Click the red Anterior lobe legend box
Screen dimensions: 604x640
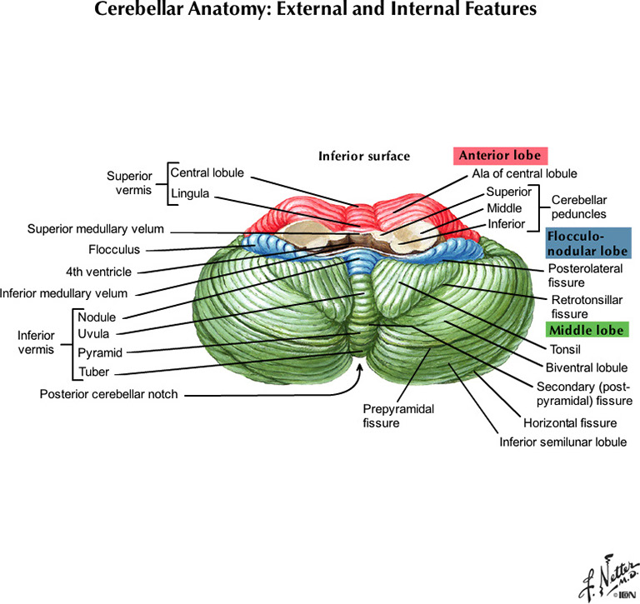(501, 156)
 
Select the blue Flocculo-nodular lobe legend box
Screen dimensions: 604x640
(587, 242)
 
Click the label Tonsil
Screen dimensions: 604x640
(565, 349)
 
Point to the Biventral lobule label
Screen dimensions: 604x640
(587, 367)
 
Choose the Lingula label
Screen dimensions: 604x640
(190, 194)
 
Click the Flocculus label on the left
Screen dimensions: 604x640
(114, 249)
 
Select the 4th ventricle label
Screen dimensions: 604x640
(100, 271)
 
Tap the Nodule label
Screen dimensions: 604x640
(97, 317)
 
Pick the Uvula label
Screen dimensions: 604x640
(93, 334)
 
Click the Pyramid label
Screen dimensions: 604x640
(100, 353)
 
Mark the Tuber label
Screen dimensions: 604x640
(93, 372)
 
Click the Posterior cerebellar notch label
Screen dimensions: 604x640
(108, 393)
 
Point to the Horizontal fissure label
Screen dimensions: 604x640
(570, 423)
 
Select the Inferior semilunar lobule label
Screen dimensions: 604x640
(562, 442)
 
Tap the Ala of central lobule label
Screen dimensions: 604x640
(524, 173)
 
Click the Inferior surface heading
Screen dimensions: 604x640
(364, 156)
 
